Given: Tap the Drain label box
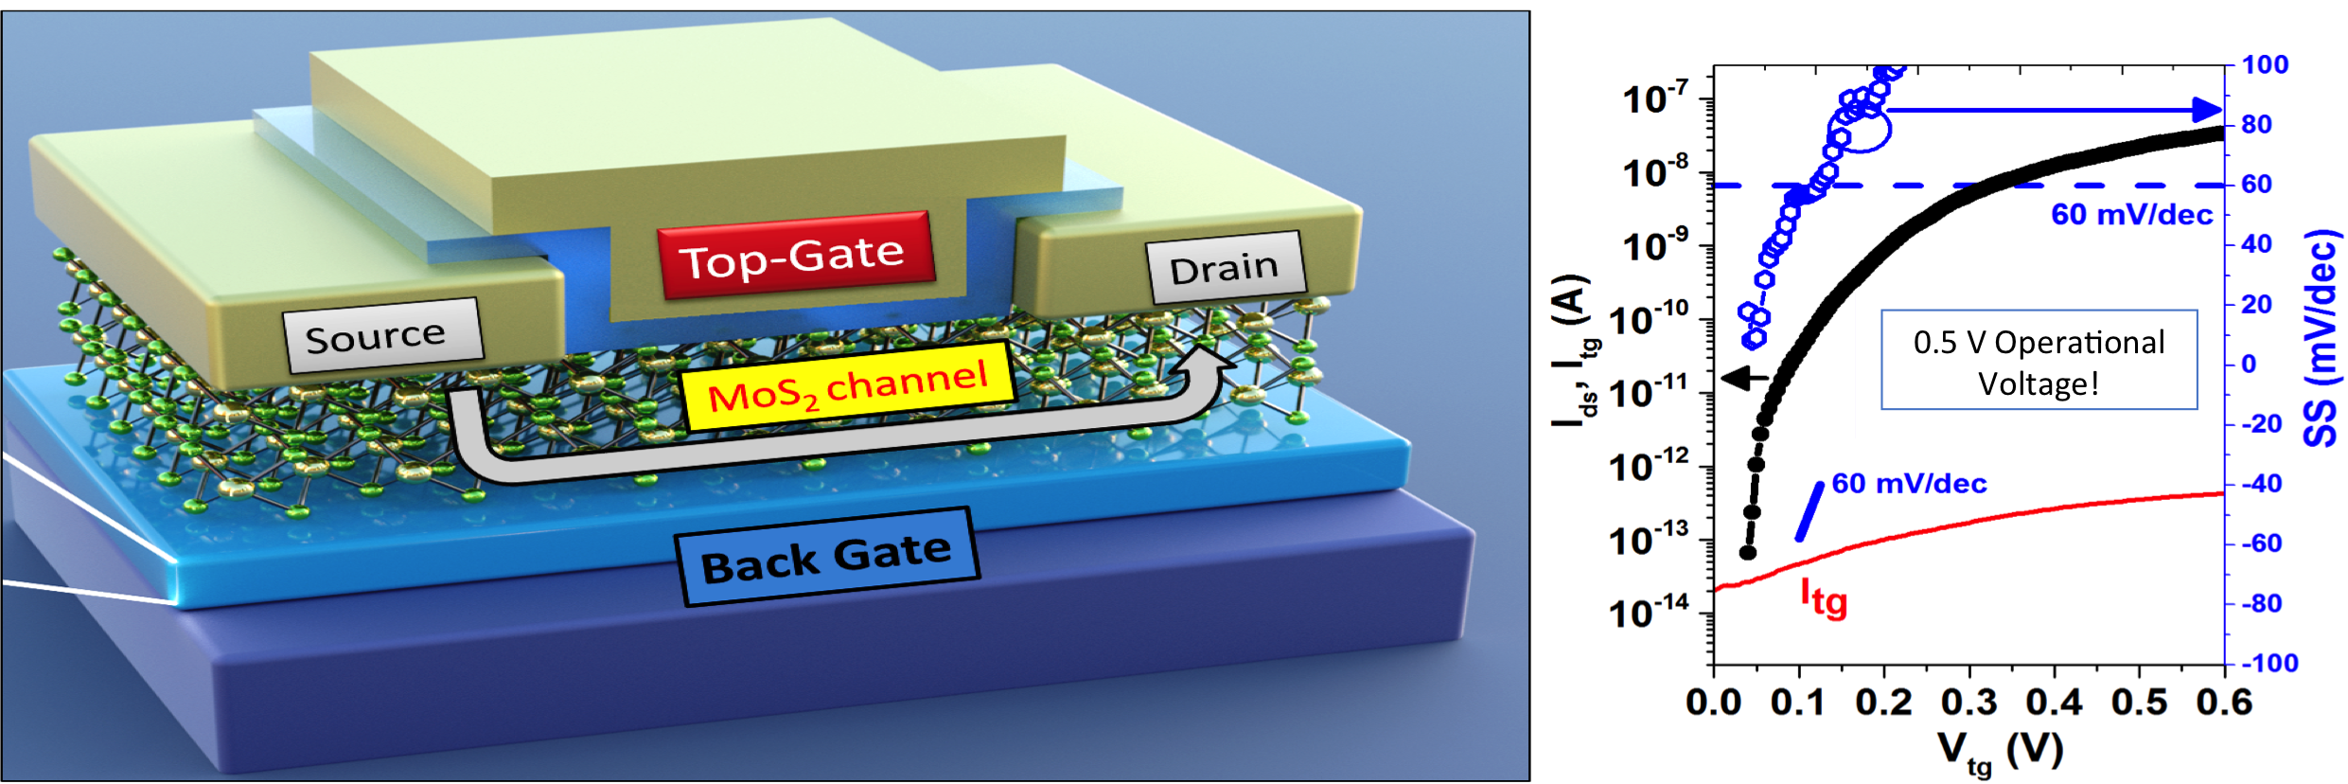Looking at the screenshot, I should (1225, 268).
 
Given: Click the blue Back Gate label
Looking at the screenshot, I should (826, 558).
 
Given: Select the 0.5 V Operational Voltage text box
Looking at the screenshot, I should (2039, 361).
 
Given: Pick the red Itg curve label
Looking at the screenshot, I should (1823, 598).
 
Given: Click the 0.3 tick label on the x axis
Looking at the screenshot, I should (1969, 703).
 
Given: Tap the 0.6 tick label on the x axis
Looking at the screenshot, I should (2225, 703).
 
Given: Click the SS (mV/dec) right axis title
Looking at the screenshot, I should (2322, 338).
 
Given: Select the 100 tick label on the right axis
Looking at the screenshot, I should (2265, 65).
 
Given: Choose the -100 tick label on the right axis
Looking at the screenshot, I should (2269, 663).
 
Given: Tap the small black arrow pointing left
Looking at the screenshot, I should (1741, 378).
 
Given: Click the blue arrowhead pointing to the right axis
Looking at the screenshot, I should (2207, 110).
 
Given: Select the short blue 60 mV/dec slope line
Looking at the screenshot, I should (1810, 511).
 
